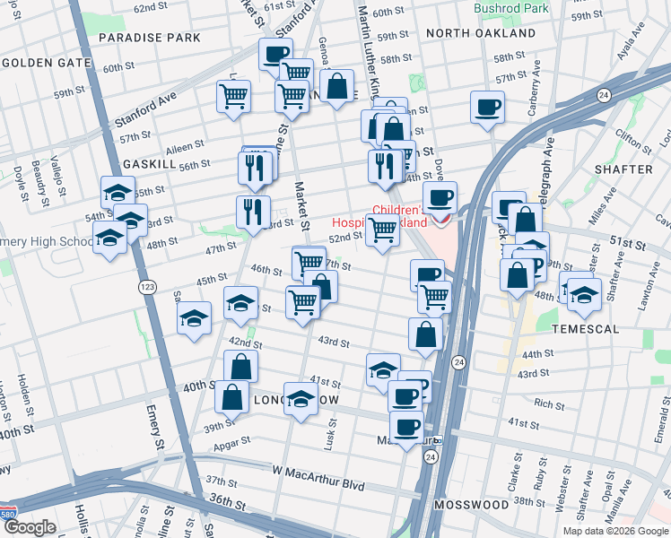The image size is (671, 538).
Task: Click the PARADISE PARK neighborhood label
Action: [x=150, y=38]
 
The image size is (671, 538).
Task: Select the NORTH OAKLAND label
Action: [x=481, y=33]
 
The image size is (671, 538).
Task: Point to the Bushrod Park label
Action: [x=512, y=8]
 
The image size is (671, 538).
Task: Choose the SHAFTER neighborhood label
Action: [x=626, y=169]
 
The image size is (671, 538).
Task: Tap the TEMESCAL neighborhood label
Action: [x=587, y=329]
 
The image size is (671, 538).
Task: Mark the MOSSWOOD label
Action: [x=471, y=505]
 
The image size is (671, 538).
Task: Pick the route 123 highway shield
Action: [x=148, y=287]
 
